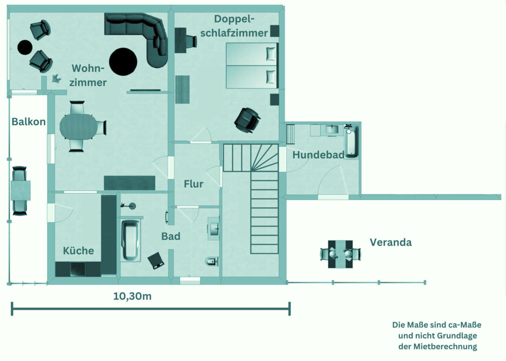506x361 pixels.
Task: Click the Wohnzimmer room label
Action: [x=88, y=75]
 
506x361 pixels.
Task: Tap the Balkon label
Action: [x=29, y=122]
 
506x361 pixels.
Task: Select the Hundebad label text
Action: [x=318, y=155]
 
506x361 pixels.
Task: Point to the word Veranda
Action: [x=391, y=243]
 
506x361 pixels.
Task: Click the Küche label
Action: [x=78, y=251]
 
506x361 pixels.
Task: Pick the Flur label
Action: [x=194, y=184]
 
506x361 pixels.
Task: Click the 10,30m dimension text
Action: [x=132, y=296]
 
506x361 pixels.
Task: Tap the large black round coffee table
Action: [x=123, y=62]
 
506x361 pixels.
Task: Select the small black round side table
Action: [x=25, y=47]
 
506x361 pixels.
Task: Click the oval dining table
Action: [x=78, y=127]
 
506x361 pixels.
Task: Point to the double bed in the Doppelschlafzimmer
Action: [x=252, y=66]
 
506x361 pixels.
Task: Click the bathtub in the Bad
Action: [x=130, y=240]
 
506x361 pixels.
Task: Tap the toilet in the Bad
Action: [x=212, y=262]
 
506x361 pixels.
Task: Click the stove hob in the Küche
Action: [x=78, y=269]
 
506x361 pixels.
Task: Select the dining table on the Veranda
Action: [x=341, y=254]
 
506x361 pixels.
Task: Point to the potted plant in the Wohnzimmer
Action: [x=56, y=78]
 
